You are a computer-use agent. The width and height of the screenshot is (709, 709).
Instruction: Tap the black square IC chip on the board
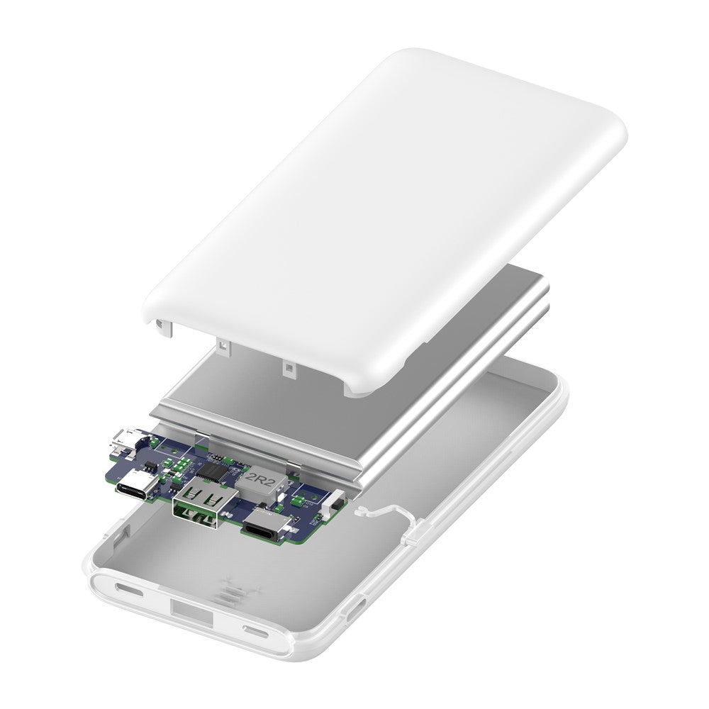213,470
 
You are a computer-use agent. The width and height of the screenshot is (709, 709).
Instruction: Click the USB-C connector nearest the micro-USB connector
135,487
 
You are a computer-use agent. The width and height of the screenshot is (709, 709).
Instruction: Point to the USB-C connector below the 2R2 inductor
266,528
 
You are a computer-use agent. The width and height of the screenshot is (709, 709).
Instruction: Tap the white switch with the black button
334,505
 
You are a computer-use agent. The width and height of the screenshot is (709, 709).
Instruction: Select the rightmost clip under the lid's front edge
289,367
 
